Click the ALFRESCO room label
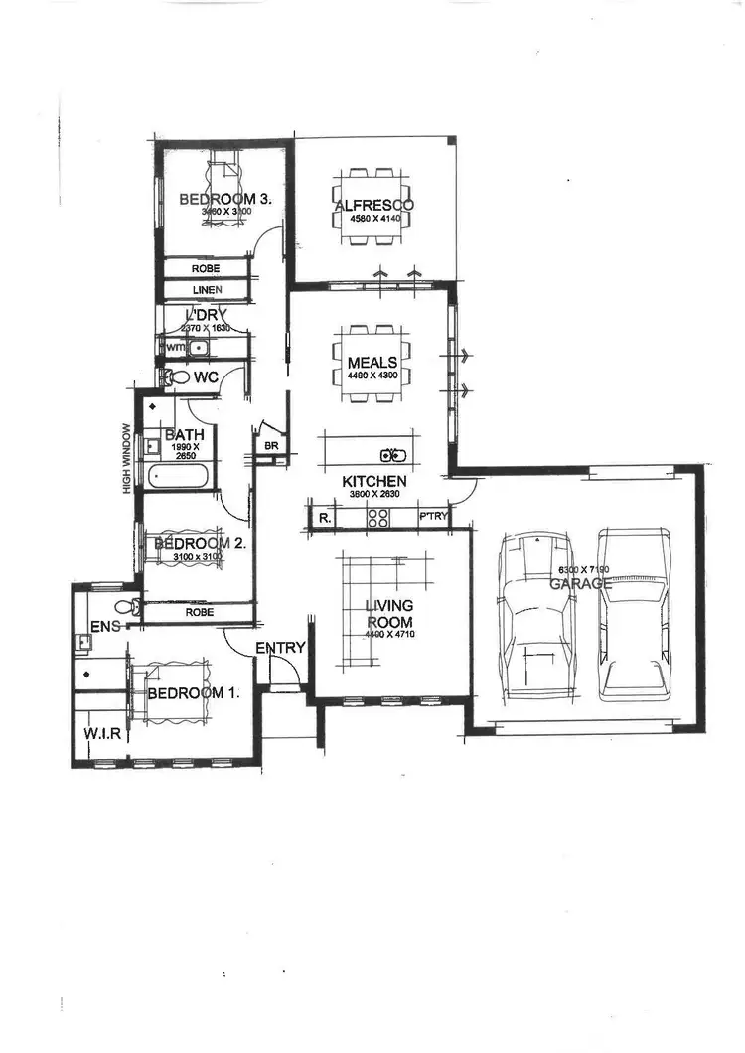pyautogui.click(x=373, y=206)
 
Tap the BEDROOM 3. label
pyautogui.click(x=225, y=199)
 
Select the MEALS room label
pyautogui.click(x=372, y=363)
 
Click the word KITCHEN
pyautogui.click(x=374, y=481)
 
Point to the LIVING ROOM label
pyautogui.click(x=388, y=613)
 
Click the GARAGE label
pyautogui.click(x=581, y=584)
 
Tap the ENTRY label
pyautogui.click(x=280, y=648)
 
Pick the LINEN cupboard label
pyautogui.click(x=207, y=290)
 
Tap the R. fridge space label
pyautogui.click(x=324, y=518)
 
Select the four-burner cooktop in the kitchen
pyautogui.click(x=378, y=517)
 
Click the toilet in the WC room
pyautogui.click(x=177, y=377)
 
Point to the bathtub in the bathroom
pyautogui.click(x=179, y=475)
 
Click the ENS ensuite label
pyautogui.click(x=103, y=627)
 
